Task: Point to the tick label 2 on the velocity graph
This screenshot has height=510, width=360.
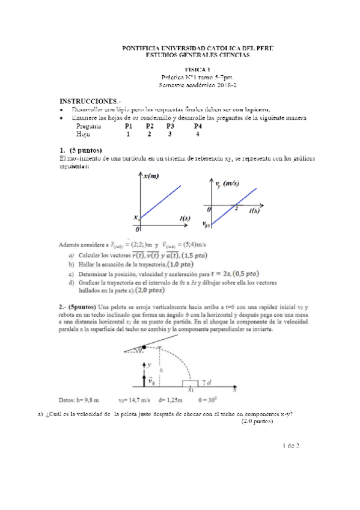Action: coord(236,209)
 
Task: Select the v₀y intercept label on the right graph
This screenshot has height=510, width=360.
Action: coord(207,224)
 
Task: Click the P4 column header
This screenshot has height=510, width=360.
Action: coord(198,126)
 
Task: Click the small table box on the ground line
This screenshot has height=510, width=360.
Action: coord(190,382)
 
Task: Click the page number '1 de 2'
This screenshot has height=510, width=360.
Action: coord(290,445)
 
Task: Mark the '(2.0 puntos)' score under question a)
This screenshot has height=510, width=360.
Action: coord(257,421)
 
